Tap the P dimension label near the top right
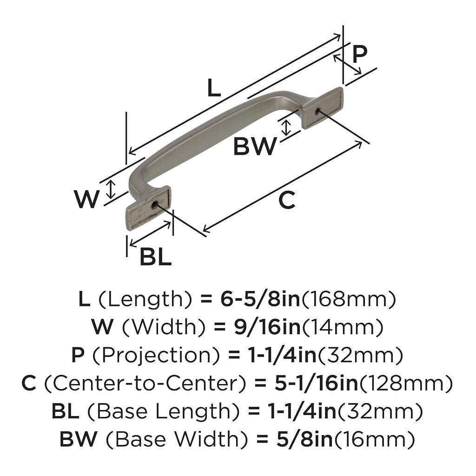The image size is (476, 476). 359,55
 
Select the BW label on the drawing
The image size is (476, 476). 255,147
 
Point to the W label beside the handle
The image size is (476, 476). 86,200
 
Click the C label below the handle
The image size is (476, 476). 287,200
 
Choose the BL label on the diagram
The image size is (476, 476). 156,257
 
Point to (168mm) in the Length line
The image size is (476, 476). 349,300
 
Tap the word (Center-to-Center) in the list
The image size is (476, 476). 145,384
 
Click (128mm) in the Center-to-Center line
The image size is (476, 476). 407,384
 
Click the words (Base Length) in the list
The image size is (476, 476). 165,412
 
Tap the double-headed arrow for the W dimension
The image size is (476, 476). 110,189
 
